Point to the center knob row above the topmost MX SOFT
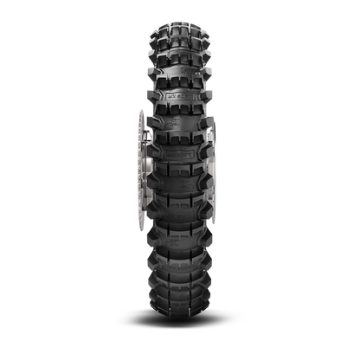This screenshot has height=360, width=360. pyautogui.click(x=181, y=71)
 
